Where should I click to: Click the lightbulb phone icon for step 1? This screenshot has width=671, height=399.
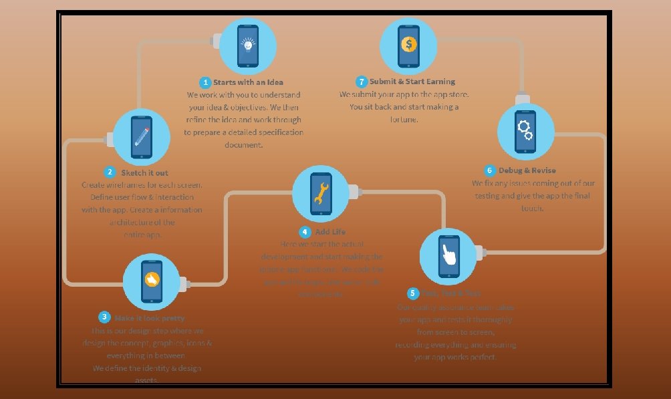pyautogui.click(x=248, y=46)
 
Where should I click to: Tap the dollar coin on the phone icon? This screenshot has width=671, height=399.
pyautogui.click(x=408, y=45)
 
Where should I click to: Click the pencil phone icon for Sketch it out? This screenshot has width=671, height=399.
pyautogui.click(x=142, y=137)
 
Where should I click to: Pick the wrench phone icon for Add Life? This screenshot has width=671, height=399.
pyautogui.click(x=321, y=193)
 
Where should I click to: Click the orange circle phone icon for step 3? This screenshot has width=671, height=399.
pyautogui.click(x=152, y=281)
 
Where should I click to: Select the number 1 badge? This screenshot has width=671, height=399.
pyautogui.click(x=206, y=82)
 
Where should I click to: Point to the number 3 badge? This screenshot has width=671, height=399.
pyautogui.click(x=104, y=317)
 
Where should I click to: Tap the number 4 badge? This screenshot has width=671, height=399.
pyautogui.click(x=305, y=232)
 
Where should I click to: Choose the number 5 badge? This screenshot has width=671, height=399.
pyautogui.click(x=413, y=293)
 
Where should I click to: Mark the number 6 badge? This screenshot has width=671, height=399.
pyautogui.click(x=490, y=170)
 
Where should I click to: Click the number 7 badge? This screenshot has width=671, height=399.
pyautogui.click(x=362, y=82)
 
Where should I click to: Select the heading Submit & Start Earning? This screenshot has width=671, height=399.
pyautogui.click(x=412, y=82)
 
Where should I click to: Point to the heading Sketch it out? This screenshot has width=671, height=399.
pyautogui.click(x=144, y=172)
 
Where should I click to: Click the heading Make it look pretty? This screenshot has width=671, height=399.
pyautogui.click(x=150, y=318)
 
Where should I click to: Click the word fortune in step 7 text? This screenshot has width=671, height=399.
pyautogui.click(x=404, y=120)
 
